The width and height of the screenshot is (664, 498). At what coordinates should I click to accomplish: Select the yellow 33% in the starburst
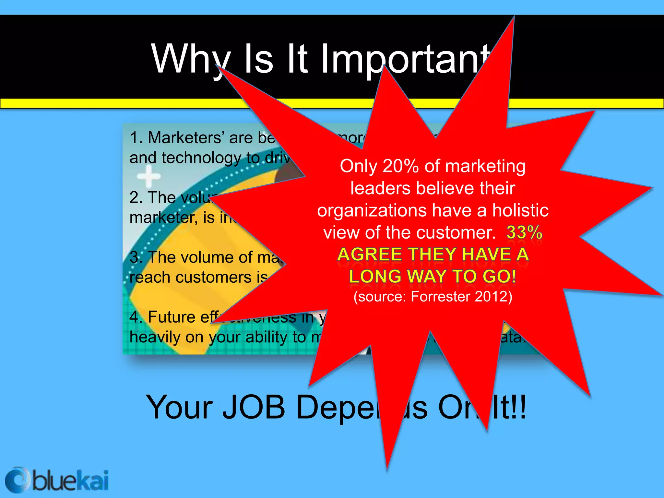pyautogui.click(x=524, y=232)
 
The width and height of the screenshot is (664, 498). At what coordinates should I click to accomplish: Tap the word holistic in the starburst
pyautogui.click(x=520, y=210)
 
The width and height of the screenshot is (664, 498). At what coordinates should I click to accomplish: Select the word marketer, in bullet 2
pyautogui.click(x=164, y=218)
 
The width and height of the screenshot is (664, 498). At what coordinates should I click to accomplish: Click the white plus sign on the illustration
pyautogui.click(x=148, y=177)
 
